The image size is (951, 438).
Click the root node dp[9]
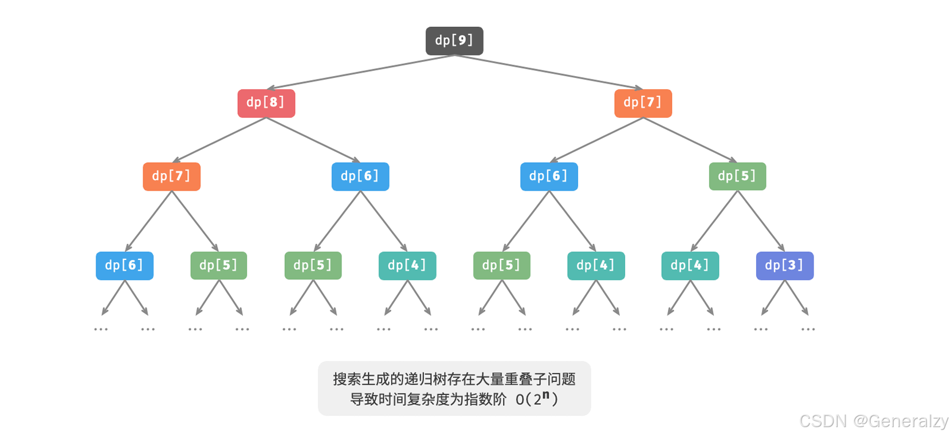tap(454, 41)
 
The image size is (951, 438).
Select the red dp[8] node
tap(266, 103)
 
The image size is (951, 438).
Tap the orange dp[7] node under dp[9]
tap(643, 103)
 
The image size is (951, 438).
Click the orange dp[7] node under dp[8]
tap(171, 176)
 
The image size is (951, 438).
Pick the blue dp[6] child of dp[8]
tap(360, 176)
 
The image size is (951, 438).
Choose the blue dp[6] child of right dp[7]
tap(549, 176)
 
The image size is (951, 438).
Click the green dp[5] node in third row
tap(737, 176)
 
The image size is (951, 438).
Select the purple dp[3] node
tap(784, 266)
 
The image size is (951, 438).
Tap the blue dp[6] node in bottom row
tap(124, 266)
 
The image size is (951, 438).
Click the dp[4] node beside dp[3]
tap(690, 266)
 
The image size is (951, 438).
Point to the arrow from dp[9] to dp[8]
tap(361, 72)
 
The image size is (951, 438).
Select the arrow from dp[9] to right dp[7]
tap(549, 72)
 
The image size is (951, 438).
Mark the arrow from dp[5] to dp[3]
tap(761, 221)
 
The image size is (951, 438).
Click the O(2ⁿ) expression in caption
tap(537, 399)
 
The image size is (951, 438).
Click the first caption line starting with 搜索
tap(454, 379)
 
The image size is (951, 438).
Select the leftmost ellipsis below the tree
tap(101, 329)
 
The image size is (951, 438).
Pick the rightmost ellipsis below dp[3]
tap(808, 329)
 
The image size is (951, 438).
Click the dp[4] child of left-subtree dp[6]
tap(407, 266)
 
